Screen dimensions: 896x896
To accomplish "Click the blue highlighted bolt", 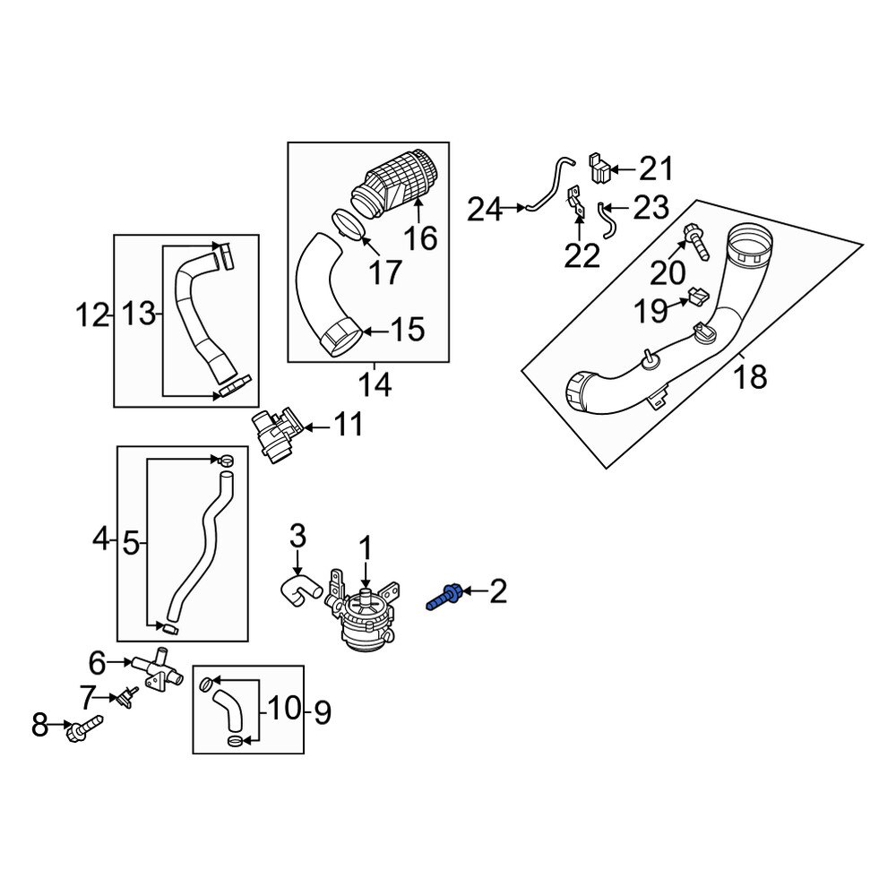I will [445, 595].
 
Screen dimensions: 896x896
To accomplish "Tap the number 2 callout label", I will [497, 590].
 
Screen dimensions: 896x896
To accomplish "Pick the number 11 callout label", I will [349, 424].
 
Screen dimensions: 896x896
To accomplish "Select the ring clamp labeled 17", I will [350, 224].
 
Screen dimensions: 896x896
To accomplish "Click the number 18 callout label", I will [750, 376].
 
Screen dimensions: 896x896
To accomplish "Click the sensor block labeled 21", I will [599, 167].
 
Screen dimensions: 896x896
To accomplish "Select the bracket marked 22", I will [574, 205].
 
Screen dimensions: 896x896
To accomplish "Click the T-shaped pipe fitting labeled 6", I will [155, 670].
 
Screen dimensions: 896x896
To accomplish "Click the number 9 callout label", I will [322, 713].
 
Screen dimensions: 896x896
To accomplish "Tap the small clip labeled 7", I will [126, 696].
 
